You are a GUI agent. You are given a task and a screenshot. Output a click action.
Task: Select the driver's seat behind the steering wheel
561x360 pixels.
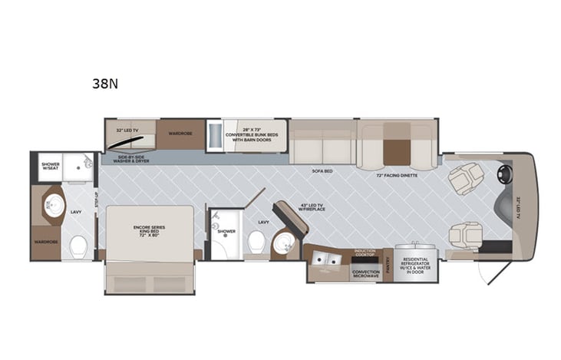pyautogui.click(x=466, y=179)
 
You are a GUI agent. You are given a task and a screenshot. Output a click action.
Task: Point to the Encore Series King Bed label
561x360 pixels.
pyautogui.click(x=149, y=231)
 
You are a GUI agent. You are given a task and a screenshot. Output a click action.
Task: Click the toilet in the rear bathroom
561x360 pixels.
pyautogui.click(x=78, y=246)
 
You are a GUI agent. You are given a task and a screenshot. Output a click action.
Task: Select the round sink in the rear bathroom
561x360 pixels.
pyautogui.click(x=53, y=204)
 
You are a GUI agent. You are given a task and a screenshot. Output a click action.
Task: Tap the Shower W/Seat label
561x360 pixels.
pyautogui.click(x=50, y=167)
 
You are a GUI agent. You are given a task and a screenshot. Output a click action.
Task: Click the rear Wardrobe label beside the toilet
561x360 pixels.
pyautogui.click(x=46, y=241)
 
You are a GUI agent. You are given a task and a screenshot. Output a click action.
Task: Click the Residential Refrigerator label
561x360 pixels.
pyautogui.click(x=414, y=266)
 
